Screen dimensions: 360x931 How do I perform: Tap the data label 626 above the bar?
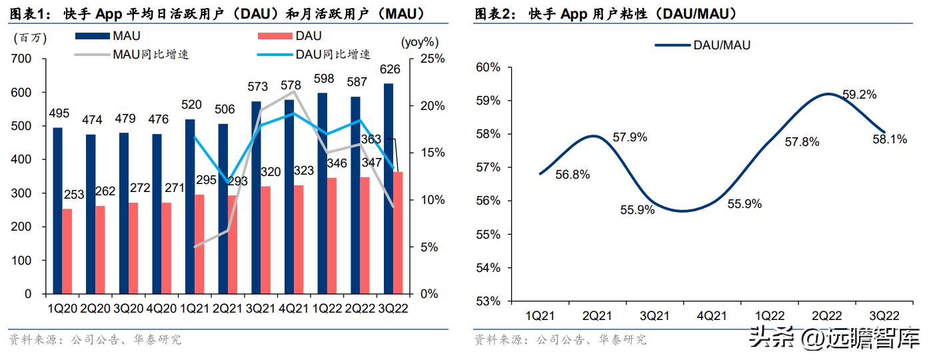[389, 69]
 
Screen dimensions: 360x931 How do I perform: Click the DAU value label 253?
[75, 195]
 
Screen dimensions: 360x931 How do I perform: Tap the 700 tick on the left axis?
[22, 59]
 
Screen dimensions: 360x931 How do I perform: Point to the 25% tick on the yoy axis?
[431, 59]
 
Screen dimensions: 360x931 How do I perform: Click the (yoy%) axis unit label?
[419, 42]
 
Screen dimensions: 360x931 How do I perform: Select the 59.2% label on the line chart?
[860, 95]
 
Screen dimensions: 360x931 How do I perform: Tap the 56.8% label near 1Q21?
[572, 175]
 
